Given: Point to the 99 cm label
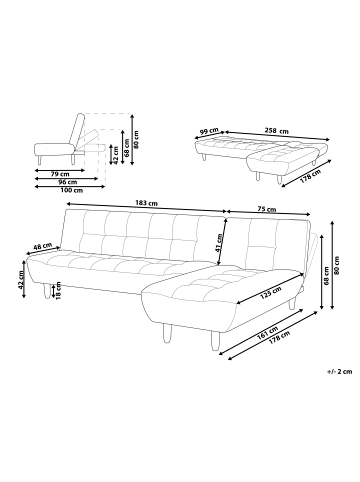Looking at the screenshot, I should click(208, 131).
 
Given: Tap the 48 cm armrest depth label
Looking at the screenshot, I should click(42, 246).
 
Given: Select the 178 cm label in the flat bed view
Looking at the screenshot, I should click(312, 176).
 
